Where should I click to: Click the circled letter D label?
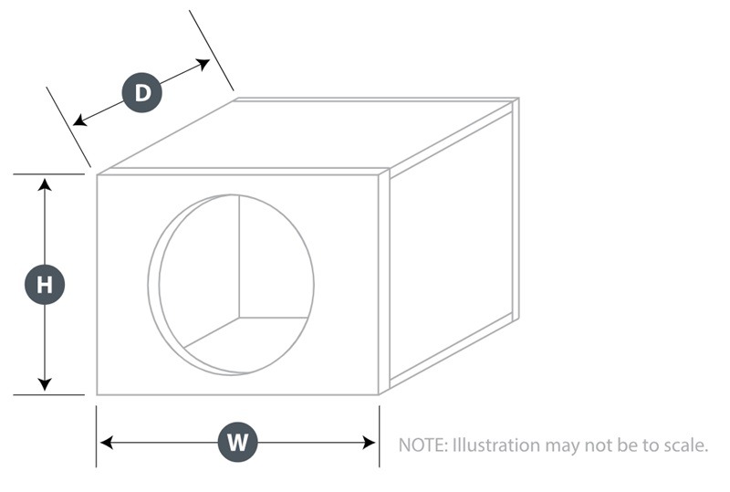tap(142, 92)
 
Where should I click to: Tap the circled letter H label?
tap(45, 284)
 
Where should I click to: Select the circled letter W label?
tap(237, 442)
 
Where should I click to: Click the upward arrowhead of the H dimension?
tap(45, 184)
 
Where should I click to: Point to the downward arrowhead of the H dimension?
tap(45, 384)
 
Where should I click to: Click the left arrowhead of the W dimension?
tap(107, 442)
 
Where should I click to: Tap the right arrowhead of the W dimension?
tap(370, 442)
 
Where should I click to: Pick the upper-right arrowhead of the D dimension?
tap(203, 64)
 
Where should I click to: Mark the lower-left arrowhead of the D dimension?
tap(80, 120)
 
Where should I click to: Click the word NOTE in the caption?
tap(422, 445)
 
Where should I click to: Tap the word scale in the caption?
tap(685, 445)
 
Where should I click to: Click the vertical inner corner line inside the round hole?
tap(239, 256)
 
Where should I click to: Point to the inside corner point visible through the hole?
tap(239, 318)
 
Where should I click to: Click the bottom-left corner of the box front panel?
tap(97, 394)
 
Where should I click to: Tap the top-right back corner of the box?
tap(518, 99)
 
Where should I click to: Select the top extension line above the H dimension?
tap(49, 174)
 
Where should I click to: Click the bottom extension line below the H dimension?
tap(49, 394)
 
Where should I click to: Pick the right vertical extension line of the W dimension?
tap(379, 436)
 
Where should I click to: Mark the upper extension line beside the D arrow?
tap(212, 50)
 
